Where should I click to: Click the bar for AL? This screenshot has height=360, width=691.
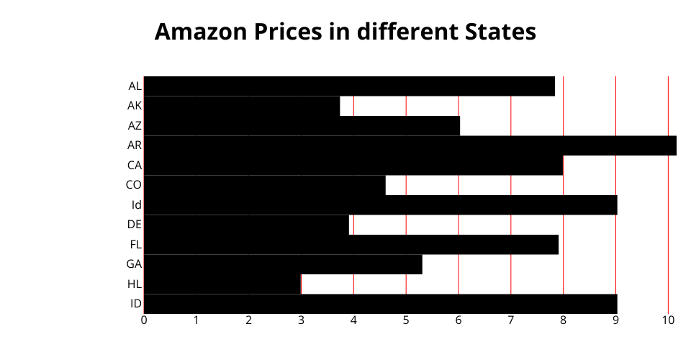(349, 86)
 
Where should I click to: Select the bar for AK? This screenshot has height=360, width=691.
(242, 106)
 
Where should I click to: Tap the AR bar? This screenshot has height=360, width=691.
(410, 145)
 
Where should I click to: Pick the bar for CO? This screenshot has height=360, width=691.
(264, 185)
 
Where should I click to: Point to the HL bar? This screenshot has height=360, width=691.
(222, 284)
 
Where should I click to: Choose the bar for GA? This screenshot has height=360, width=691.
(283, 264)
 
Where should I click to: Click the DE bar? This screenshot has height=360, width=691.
(246, 225)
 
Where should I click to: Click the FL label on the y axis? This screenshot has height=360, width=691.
(135, 244)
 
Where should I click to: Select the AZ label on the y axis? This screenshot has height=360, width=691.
(135, 125)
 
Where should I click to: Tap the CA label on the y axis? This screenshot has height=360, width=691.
(135, 165)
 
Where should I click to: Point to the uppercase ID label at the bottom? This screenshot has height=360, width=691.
(135, 303)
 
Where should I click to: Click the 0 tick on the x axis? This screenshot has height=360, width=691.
(144, 320)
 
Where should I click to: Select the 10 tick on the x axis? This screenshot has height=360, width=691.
(668, 320)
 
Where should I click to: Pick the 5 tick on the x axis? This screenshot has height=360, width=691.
(406, 320)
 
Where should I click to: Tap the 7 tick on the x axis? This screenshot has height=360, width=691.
(511, 320)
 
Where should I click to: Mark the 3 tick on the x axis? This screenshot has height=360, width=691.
(301, 320)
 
